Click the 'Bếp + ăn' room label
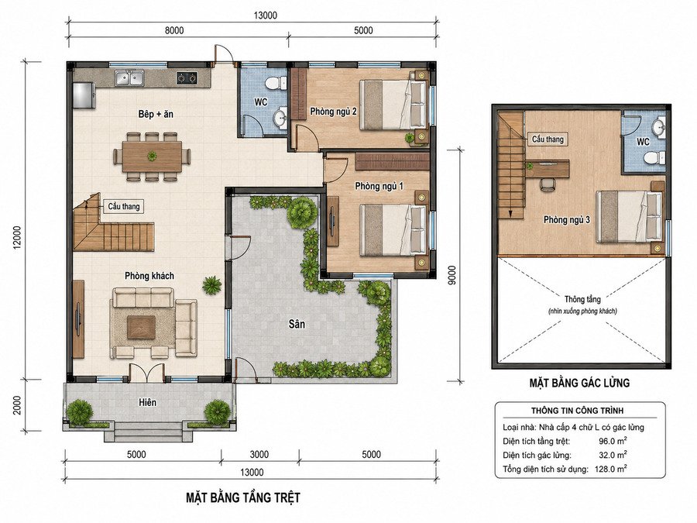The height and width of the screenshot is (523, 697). tap(156, 115)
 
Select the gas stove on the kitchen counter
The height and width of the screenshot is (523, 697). tap(187, 77)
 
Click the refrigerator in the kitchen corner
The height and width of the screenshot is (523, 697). tap(84, 95)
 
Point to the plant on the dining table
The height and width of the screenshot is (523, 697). tap(153, 156)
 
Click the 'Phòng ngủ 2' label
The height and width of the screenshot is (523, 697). tap(333, 111)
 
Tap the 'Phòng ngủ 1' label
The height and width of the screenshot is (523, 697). tap(379, 186)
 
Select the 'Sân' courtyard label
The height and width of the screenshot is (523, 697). tap(297, 324)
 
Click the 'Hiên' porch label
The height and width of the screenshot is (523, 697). tap(147, 402)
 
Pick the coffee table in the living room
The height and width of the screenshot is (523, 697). tap(142, 327)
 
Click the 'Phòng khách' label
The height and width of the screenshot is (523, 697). tap(149, 276)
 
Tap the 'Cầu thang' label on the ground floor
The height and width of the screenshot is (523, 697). tap(124, 206)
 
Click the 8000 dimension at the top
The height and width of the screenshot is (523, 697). tap(173, 30)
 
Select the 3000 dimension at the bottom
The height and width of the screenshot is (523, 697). tap(259, 455)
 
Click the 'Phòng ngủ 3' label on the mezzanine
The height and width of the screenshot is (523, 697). tap(567, 220)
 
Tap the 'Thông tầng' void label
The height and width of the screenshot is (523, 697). tap(582, 299)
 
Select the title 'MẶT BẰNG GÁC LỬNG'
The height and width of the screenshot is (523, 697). tap(579, 383)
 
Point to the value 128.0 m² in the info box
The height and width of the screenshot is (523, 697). tap(611, 469)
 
